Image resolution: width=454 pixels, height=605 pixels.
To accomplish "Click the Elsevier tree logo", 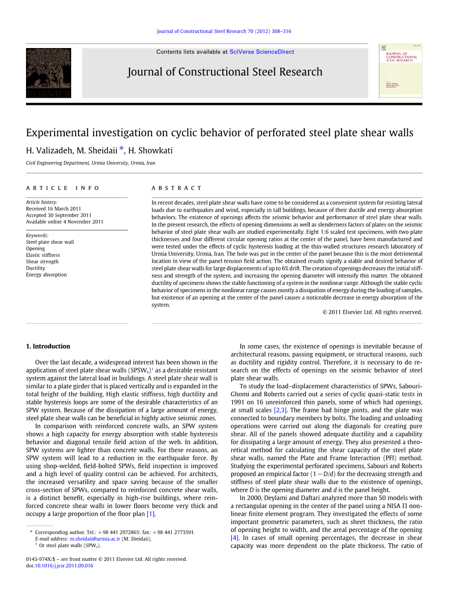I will click(x=49, y=73).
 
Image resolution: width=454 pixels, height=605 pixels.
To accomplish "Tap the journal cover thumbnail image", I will click(x=401, y=71).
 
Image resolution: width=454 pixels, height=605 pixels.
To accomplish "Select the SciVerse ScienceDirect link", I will click(x=262, y=51).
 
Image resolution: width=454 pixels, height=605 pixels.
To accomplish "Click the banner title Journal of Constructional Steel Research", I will click(x=225, y=72).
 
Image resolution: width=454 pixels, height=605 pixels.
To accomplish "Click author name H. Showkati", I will click(x=150, y=151).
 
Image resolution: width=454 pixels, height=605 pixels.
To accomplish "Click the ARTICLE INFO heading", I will click(x=63, y=188).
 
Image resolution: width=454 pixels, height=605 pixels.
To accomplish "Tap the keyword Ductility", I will click(x=35, y=268).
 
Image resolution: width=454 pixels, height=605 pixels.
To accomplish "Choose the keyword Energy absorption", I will click(x=46, y=275).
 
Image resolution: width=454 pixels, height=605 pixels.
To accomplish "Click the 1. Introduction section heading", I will click(x=48, y=346).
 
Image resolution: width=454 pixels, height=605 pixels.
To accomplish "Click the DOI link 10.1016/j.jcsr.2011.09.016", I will click(x=63, y=565).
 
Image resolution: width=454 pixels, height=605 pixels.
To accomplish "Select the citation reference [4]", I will click(x=235, y=538).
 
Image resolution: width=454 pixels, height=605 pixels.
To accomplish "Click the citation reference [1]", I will click(x=151, y=514).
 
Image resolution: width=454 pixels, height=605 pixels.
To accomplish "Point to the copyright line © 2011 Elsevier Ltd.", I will click(x=372, y=312).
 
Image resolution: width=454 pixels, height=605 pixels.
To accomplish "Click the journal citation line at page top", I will click(x=224, y=31).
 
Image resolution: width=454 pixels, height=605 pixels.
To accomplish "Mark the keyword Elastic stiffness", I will click(x=43, y=255).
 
